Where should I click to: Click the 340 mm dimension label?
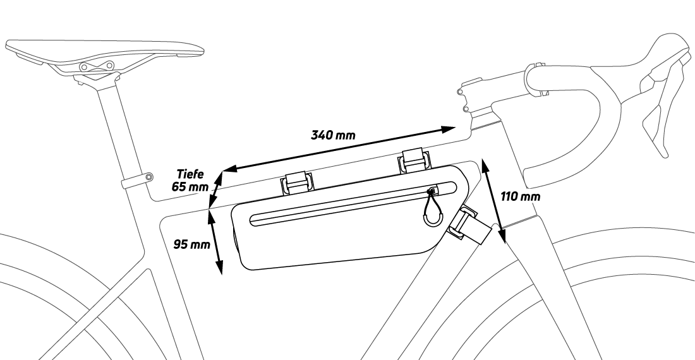(x=333, y=134)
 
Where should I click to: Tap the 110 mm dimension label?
(x=520, y=196)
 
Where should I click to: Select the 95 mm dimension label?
(x=191, y=244)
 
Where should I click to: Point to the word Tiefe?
(x=191, y=175)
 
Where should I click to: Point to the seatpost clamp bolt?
(x=148, y=177)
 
